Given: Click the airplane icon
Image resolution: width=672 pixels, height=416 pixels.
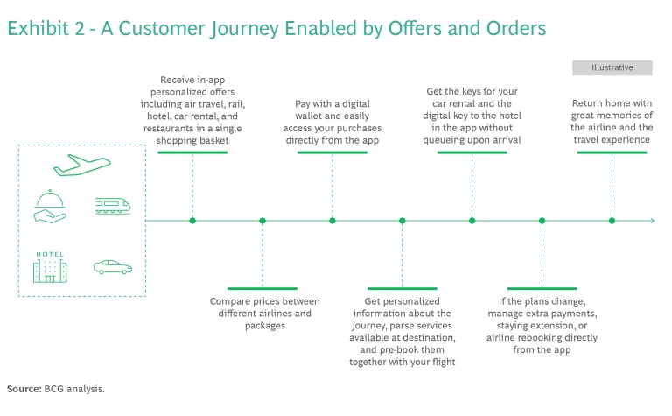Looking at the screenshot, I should [x=81, y=165].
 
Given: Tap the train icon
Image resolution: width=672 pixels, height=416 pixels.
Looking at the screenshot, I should [x=112, y=205].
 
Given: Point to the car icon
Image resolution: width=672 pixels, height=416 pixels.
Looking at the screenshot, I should [x=112, y=267].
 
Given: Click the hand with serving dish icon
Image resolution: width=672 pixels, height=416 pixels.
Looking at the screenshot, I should [x=50, y=205].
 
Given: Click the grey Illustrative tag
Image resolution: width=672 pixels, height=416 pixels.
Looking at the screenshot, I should [x=612, y=67].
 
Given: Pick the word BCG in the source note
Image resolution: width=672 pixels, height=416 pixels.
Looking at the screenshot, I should [x=54, y=387].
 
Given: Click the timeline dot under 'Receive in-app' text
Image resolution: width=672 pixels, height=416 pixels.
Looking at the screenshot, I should [x=192, y=221].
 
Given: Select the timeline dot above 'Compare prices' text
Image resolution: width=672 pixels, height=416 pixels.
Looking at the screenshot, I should [x=262, y=221].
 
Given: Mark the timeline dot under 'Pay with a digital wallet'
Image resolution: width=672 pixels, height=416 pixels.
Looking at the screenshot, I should [x=332, y=221].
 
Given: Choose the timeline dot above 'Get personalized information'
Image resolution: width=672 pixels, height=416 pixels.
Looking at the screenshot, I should [x=402, y=221].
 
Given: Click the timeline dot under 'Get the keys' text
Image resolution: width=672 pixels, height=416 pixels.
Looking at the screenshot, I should [x=472, y=221].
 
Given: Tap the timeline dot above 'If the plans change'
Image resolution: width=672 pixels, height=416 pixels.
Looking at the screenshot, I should [x=542, y=221].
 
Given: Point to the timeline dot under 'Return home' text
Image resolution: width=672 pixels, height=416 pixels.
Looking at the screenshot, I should [x=612, y=221].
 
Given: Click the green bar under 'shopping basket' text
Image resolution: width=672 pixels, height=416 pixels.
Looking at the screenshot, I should [x=192, y=152].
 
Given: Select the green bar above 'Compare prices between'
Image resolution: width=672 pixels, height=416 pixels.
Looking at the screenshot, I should [x=262, y=288].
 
